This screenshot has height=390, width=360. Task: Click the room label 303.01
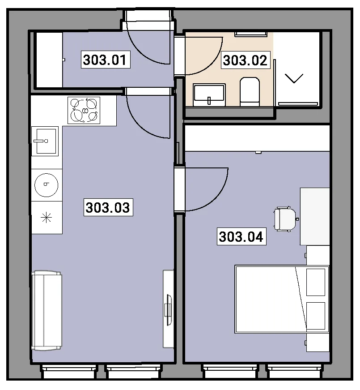pos(106,60)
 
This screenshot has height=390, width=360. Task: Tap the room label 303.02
pos(246,60)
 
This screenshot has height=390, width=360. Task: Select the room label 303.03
pos(108,207)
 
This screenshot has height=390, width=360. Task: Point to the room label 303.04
pos(241,236)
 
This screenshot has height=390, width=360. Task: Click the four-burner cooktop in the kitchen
pos(84,111)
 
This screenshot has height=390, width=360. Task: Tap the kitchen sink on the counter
pos(45,141)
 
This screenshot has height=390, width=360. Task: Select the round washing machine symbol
pos(47,185)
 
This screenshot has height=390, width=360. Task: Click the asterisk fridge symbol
pos(47,218)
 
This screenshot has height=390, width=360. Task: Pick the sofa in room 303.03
pos(47,311)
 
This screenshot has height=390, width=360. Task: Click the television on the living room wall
pos(169,310)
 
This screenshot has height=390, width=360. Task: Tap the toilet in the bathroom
pos(250,91)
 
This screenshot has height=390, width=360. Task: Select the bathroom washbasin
pos(209,95)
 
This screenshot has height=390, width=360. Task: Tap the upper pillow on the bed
pos(316,282)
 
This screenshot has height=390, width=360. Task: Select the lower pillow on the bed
pos(316,316)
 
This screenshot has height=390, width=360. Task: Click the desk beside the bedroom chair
pos(315,216)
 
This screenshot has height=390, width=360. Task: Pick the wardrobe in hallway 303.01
pos(49,60)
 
